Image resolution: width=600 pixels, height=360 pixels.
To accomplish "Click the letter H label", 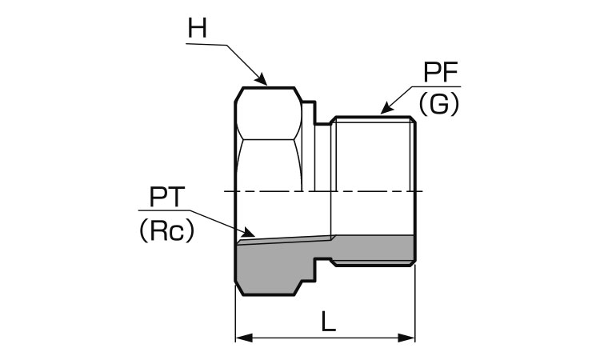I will [197, 29].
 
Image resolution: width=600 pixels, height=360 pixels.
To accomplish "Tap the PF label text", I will [440, 75].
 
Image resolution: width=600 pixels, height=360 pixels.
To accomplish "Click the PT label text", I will [167, 197].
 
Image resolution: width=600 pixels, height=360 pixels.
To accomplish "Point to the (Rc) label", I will [166, 231].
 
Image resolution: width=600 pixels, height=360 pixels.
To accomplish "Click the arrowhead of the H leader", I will [263, 81].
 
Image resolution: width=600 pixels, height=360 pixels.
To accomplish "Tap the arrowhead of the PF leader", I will [383, 110].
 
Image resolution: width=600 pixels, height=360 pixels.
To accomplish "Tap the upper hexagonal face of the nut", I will [268, 112].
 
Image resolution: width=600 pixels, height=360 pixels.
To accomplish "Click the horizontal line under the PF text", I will [440, 89].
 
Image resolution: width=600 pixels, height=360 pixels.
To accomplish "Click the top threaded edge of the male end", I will [373, 118].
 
